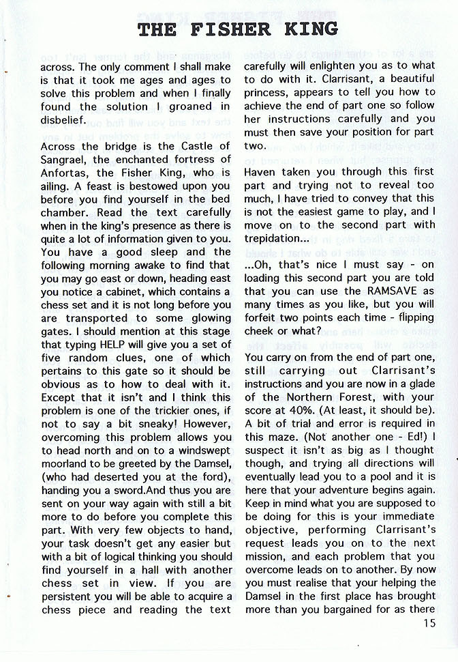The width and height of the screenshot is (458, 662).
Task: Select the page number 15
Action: tap(428, 622)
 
